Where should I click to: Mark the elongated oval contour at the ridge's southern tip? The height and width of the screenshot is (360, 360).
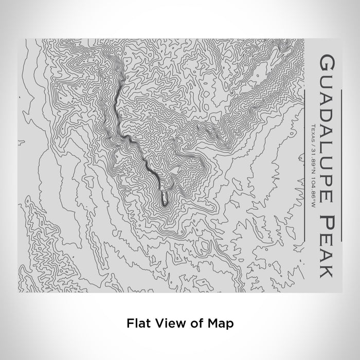164,198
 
